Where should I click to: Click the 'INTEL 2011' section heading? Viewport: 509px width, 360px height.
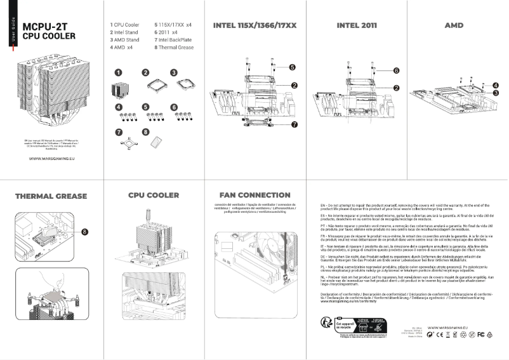click(x=357, y=26)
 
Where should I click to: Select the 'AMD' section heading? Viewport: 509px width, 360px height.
click(x=454, y=26)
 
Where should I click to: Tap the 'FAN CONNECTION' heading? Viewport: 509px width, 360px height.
click(x=255, y=195)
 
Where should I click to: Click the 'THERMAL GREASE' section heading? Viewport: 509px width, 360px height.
click(x=51, y=196)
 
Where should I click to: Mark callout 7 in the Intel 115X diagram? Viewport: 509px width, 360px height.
click(x=294, y=125)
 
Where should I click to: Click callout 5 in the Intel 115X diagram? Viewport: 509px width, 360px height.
click(x=292, y=67)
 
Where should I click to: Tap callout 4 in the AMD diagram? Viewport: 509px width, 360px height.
click(x=495, y=84)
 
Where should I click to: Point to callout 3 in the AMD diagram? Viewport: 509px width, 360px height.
click(x=495, y=93)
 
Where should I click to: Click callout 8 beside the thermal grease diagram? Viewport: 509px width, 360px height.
click(x=84, y=231)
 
